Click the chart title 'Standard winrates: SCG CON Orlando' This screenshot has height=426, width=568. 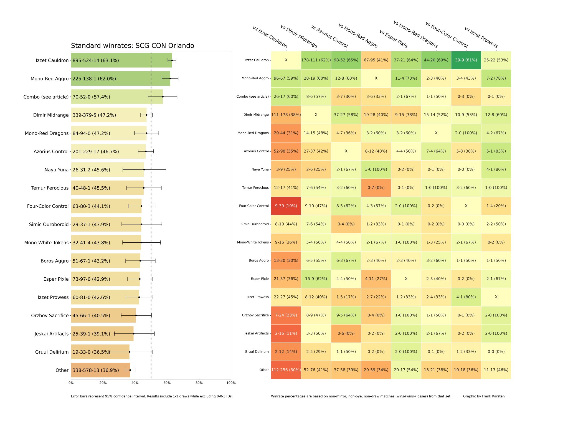pyautogui.click(x=132, y=46)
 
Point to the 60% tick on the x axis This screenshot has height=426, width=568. pyautogui.click(x=167, y=380)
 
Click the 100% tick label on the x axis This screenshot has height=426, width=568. pyautogui.click(x=231, y=383)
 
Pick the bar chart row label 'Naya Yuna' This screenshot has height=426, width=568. pyautogui.click(x=56, y=170)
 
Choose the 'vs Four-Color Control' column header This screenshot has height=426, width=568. pyautogui.click(x=447, y=35)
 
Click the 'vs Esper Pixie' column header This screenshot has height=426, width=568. pyautogui.click(x=393, y=39)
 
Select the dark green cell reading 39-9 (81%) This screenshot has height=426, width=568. pyautogui.click(x=466, y=60)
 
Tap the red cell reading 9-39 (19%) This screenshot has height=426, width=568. pyautogui.click(x=286, y=206)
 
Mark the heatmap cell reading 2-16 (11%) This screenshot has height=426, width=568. pyautogui.click(x=286, y=333)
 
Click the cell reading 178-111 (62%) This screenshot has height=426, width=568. pyautogui.click(x=316, y=60)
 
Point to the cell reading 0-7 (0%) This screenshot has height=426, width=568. pyautogui.click(x=376, y=188)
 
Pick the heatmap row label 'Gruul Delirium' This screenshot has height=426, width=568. pyautogui.click(x=257, y=352)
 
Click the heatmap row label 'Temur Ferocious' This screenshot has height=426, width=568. pyautogui.click(x=255, y=188)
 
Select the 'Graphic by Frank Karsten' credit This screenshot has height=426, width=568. pyautogui.click(x=484, y=396)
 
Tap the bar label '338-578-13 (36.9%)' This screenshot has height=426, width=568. pyautogui.click(x=96, y=370)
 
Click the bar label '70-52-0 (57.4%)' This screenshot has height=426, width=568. pyautogui.click(x=91, y=97)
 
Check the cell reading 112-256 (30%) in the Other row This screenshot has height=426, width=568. pyautogui.click(x=286, y=370)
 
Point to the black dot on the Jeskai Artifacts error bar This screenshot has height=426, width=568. pyautogui.click(x=133, y=334)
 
